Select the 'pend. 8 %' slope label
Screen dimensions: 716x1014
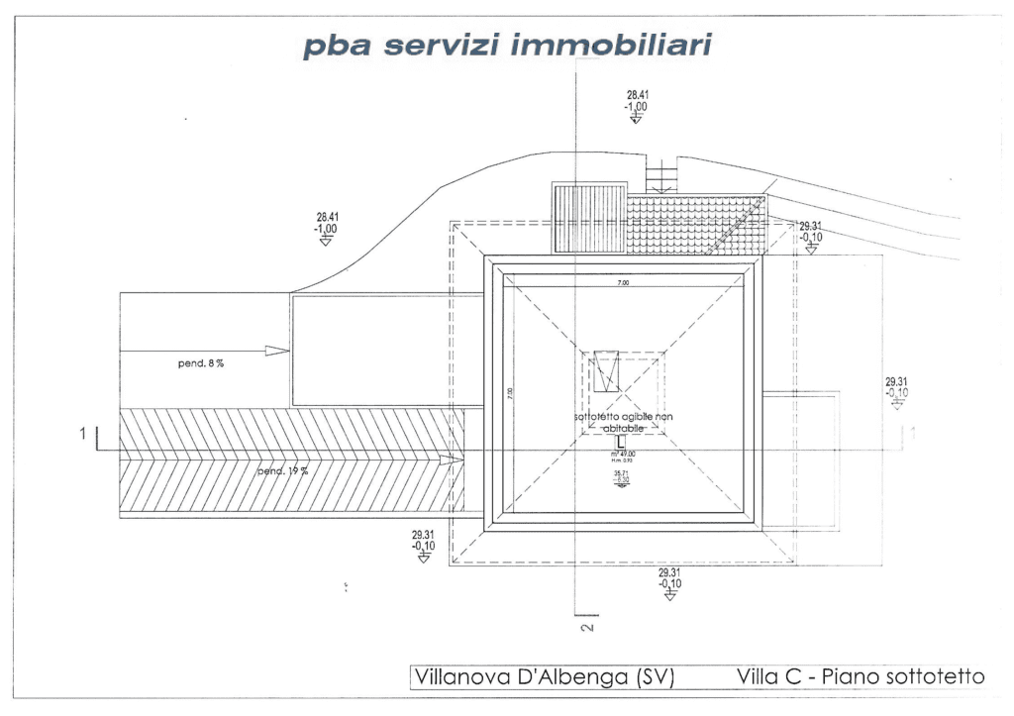pos(200,364)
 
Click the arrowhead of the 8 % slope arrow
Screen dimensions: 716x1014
pos(278,351)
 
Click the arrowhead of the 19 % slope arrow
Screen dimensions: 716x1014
pos(455,460)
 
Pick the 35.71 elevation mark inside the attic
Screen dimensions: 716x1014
pos(622,477)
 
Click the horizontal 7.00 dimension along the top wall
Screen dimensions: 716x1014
pos(623,283)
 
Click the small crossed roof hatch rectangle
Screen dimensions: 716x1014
pos(604,371)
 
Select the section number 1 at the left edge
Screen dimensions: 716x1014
pos(85,433)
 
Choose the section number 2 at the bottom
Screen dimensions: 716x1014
pos(585,628)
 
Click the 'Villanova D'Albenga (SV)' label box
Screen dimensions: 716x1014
pos(544,678)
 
